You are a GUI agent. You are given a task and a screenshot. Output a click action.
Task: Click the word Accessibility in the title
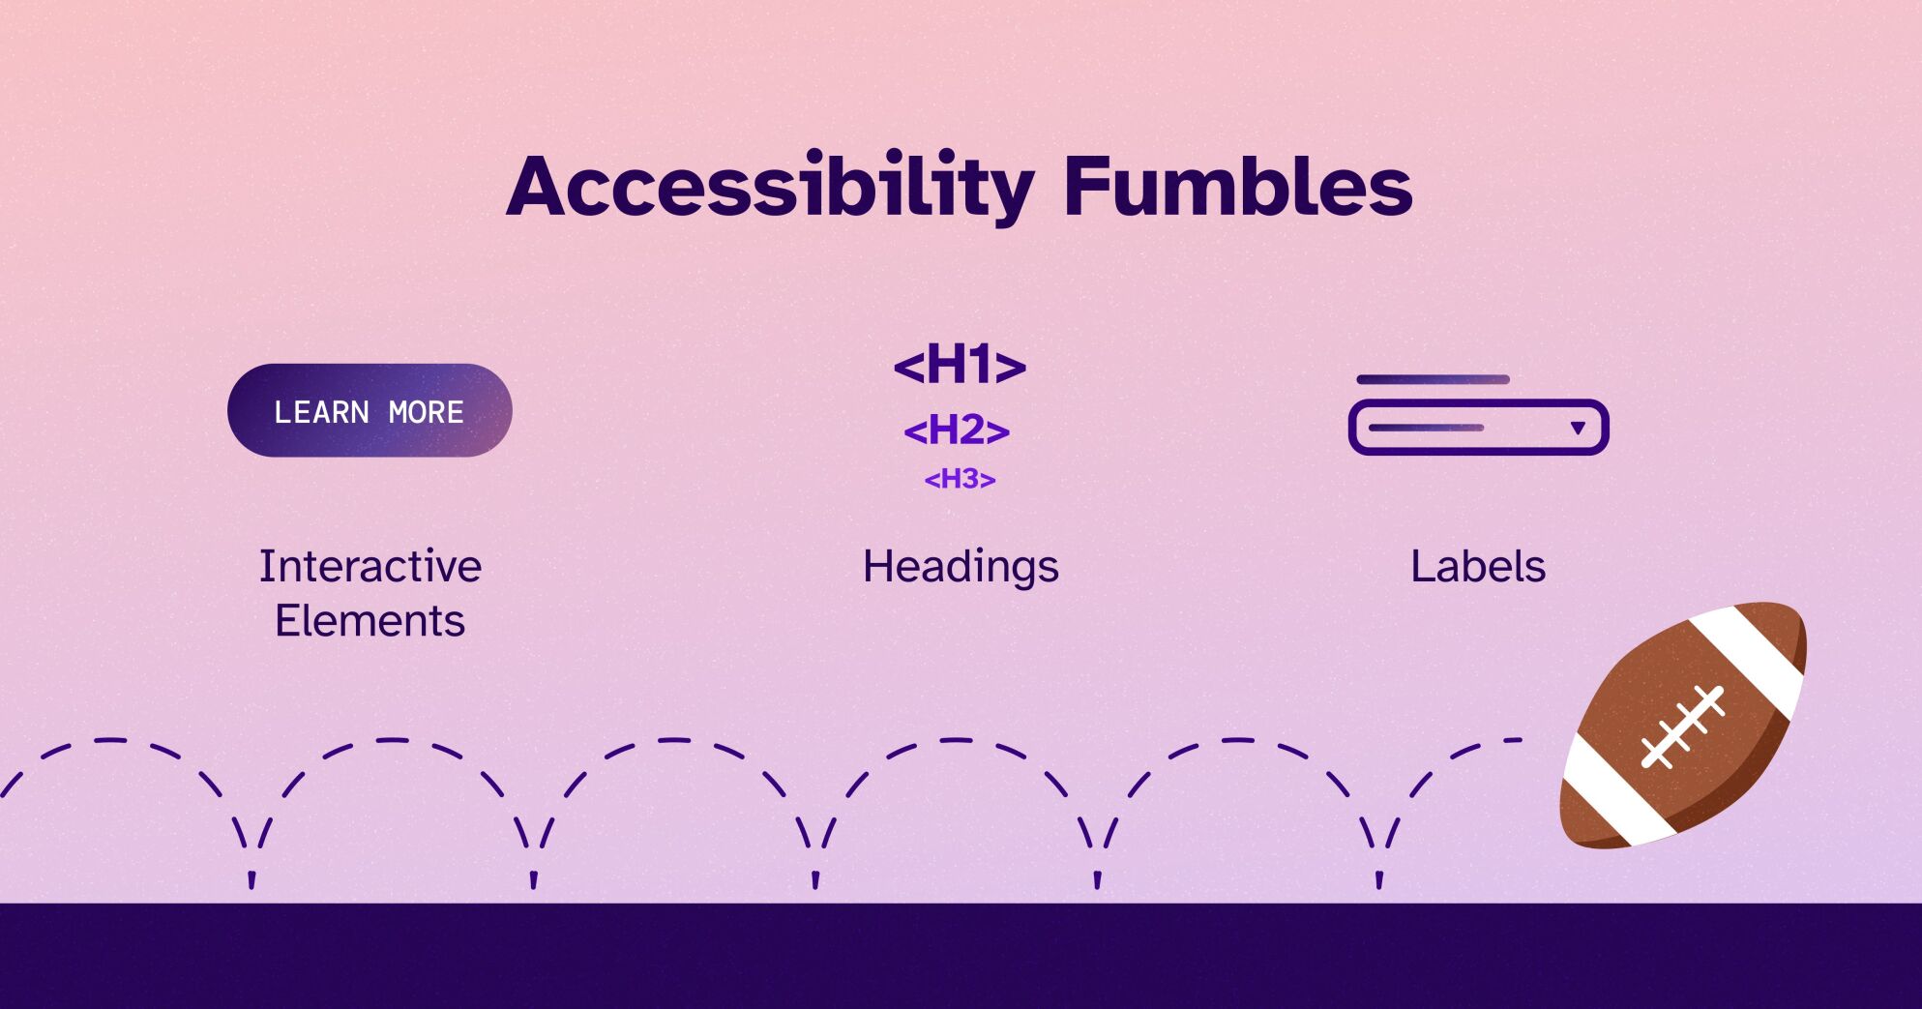(770, 186)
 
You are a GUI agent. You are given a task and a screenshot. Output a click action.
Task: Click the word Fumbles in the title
(1237, 186)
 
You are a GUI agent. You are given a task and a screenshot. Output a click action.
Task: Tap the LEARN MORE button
(370, 411)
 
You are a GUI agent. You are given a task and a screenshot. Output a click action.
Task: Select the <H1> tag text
(960, 366)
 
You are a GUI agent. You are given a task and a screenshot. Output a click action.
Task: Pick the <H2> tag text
(957, 430)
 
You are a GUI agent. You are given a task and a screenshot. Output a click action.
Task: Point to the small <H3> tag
(960, 479)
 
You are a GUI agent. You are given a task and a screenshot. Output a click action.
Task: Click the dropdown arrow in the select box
(1578, 428)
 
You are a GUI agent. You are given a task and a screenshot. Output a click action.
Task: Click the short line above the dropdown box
(1433, 379)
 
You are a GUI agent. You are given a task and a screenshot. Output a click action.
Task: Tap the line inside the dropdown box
(1426, 428)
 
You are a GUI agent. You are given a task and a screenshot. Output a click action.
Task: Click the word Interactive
(370, 566)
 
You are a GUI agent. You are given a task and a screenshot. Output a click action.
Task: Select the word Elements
(370, 620)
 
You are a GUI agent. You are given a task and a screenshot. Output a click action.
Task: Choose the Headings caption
(961, 566)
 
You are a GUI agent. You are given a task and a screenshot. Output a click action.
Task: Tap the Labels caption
(1477, 566)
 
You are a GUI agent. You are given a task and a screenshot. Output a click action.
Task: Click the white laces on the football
(1683, 727)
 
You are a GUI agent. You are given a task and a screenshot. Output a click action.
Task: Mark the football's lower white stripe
(1607, 793)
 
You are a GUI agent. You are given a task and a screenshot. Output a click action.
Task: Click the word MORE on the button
(426, 412)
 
